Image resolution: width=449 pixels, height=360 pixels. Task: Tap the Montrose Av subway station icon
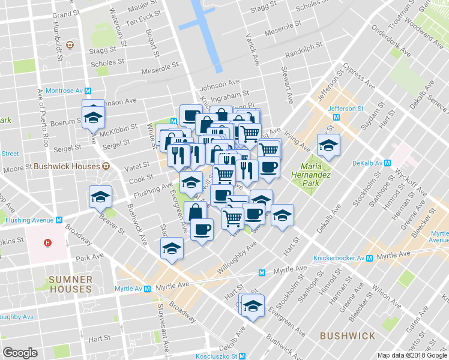[x=88, y=91]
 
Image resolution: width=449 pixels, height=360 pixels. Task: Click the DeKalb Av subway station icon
[x=388, y=163]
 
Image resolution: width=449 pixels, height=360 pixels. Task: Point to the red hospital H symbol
[x=47, y=242]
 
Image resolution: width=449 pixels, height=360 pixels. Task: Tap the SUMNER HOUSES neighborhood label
[x=71, y=284]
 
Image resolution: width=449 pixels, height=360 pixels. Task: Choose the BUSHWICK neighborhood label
[x=348, y=335]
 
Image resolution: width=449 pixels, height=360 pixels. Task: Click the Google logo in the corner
[x=20, y=353]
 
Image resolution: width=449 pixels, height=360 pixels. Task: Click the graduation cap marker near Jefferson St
[x=328, y=145]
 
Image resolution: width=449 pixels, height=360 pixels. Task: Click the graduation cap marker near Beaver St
[x=101, y=196]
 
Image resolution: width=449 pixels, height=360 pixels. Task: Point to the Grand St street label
[x=66, y=14]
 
